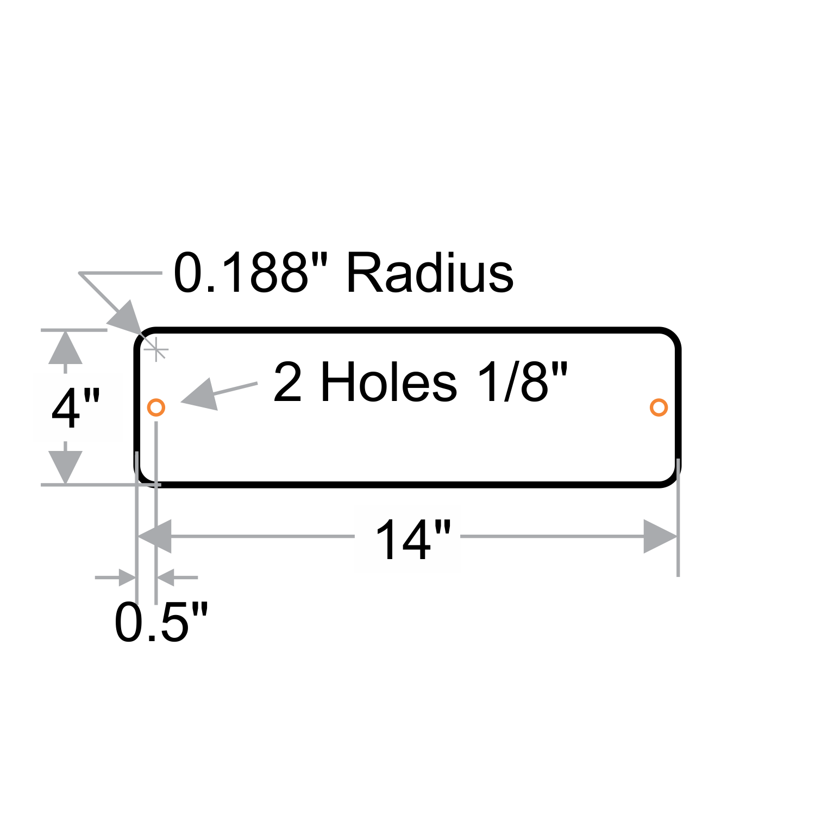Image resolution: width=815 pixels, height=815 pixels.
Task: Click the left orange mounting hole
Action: pyautogui.click(x=156, y=407)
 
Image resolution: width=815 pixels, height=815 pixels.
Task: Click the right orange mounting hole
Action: pyautogui.click(x=659, y=407)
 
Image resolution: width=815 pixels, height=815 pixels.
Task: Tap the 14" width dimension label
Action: pyautogui.click(x=413, y=540)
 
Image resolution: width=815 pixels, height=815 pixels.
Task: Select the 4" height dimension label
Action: pyautogui.click(x=76, y=409)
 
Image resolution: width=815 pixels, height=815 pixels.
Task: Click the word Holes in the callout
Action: pyautogui.click(x=388, y=383)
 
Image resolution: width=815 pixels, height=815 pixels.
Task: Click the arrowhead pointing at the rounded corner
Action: pyautogui.click(x=126, y=318)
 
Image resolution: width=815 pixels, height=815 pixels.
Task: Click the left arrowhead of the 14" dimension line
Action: pyautogui.click(x=155, y=536)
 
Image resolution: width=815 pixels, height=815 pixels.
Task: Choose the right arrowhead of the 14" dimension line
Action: pyautogui.click(x=660, y=536)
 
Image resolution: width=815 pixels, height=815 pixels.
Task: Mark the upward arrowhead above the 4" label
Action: pyautogui.click(x=65, y=349)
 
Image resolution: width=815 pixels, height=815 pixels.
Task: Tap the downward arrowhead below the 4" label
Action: pyautogui.click(x=65, y=466)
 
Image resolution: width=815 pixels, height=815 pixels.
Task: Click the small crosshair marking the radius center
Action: pyautogui.click(x=156, y=349)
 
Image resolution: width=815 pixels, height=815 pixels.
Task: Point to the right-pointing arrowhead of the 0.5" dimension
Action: pyautogui.click(x=126, y=577)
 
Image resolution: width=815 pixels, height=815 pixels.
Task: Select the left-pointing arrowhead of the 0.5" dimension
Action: pyautogui.click(x=166, y=577)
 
